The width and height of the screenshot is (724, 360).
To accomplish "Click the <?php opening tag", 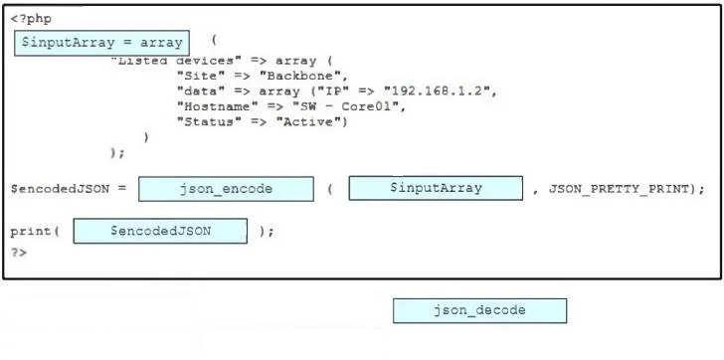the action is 31,19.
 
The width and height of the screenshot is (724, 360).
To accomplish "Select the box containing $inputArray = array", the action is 102,43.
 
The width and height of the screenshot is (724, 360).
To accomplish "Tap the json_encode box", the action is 227,189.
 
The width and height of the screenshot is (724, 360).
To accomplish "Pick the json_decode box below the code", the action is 479,310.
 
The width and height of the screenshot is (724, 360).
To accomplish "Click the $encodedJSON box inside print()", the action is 160,231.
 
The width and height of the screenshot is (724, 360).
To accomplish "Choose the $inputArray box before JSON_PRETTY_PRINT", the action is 436,188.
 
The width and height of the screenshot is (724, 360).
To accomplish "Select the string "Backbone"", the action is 303,76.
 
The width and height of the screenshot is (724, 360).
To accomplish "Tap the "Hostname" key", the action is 217,106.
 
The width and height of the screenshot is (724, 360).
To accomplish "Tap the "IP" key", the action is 330,90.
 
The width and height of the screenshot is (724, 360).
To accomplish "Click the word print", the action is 31,232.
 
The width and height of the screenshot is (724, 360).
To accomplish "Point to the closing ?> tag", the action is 19,252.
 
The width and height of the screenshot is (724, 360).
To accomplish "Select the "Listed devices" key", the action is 173,61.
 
